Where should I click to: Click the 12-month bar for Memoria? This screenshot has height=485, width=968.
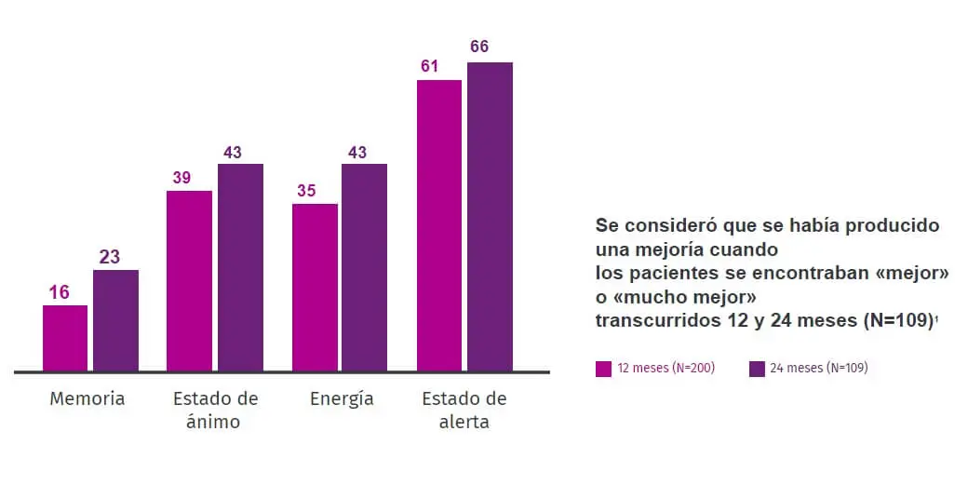click(65, 338)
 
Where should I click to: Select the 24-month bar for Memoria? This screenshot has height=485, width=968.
click(115, 320)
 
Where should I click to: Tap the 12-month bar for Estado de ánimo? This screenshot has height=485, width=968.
click(189, 281)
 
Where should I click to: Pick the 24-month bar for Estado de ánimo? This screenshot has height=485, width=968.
click(240, 268)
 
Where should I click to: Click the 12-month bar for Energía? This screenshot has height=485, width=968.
click(315, 288)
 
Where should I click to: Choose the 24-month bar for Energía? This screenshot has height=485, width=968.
click(364, 268)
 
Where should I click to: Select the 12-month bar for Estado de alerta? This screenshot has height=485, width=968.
click(439, 226)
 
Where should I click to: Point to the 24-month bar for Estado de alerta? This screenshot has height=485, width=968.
click(490, 217)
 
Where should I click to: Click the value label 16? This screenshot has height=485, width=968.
click(59, 292)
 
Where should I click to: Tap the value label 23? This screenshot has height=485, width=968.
click(110, 257)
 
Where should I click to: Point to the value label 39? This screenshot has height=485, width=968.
click(181, 178)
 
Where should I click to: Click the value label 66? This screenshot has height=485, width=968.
click(479, 47)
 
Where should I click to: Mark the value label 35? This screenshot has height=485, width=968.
click(306, 191)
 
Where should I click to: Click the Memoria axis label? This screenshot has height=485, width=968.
click(87, 398)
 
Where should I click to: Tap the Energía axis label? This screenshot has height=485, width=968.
click(342, 398)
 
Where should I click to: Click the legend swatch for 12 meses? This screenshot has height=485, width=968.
click(603, 369)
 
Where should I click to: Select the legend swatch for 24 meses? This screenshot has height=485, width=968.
click(757, 369)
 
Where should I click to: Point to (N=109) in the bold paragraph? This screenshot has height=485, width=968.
click(897, 320)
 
